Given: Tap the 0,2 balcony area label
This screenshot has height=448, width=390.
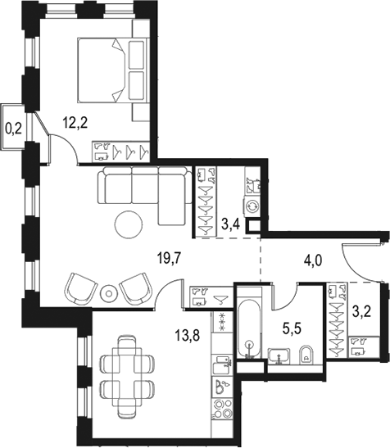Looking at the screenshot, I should tap(13, 127).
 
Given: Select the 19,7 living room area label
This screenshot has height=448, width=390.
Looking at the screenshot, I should tap(169, 260).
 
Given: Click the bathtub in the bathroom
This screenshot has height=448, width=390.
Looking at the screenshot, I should tap(248, 331).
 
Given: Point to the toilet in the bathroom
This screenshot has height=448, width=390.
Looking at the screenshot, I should tap(305, 354).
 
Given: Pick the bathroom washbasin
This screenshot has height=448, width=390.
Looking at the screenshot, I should tap(277, 355).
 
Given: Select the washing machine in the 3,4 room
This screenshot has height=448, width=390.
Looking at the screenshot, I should tap(252, 207).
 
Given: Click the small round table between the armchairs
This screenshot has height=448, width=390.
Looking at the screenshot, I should tap(109, 292).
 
